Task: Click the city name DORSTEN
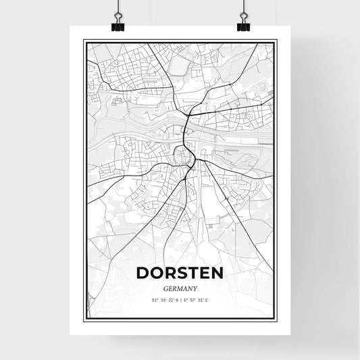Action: pyautogui.click(x=180, y=274)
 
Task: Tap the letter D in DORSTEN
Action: pyautogui.click(x=144, y=274)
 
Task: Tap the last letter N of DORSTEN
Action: pyautogui.click(x=217, y=274)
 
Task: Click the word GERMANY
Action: pyautogui.click(x=180, y=287)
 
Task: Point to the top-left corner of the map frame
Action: pyautogui.click(x=84, y=41)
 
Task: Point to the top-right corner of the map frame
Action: pyautogui.click(x=276, y=41)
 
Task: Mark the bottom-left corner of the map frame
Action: pyautogui.click(x=84, y=318)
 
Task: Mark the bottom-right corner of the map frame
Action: pyautogui.click(x=276, y=318)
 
